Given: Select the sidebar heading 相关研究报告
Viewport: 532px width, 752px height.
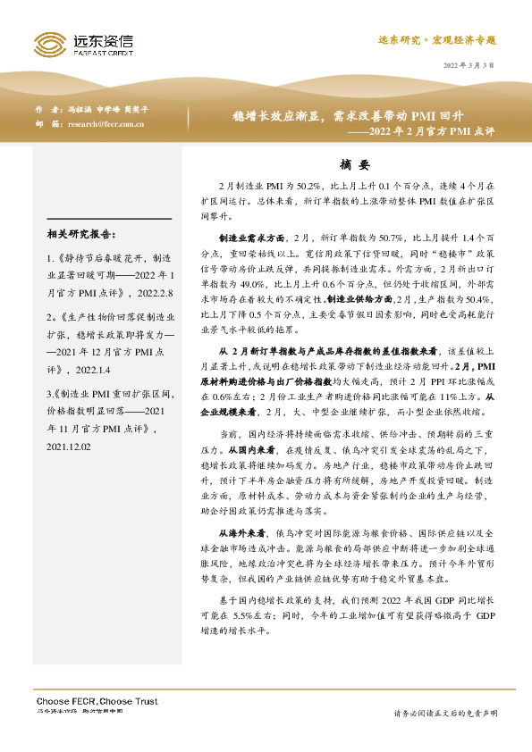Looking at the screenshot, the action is pos(80,235).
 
